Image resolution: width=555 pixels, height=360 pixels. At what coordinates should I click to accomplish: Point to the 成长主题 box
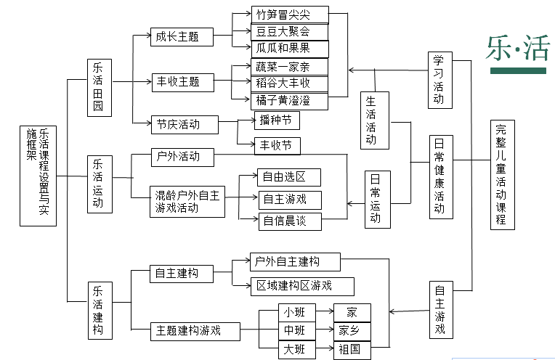[177, 36]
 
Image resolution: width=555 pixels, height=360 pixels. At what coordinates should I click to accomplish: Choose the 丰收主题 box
[177, 81]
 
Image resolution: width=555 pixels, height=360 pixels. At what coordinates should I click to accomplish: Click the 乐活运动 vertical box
[98, 184]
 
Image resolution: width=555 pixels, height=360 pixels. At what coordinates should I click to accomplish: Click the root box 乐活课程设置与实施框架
[38, 174]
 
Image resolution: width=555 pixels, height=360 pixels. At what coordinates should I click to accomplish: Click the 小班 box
[294, 313]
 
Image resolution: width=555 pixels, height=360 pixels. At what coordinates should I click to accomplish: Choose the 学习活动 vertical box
[438, 79]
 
